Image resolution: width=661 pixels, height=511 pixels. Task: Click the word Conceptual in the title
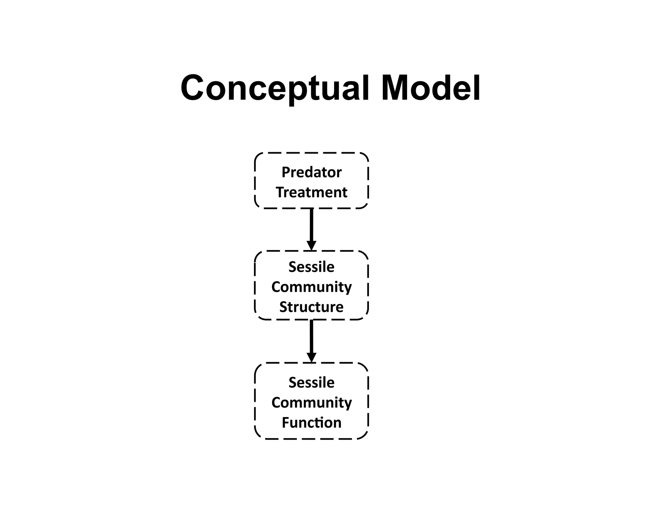click(x=274, y=88)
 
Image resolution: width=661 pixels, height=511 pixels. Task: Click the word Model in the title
click(x=431, y=88)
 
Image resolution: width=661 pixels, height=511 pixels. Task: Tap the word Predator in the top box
click(x=311, y=172)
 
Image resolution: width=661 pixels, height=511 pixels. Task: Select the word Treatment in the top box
click(x=311, y=193)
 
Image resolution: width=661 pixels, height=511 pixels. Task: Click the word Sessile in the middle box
click(x=311, y=267)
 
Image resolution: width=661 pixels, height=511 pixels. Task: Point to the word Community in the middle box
click(x=311, y=287)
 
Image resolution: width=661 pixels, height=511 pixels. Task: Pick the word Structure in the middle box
click(x=311, y=307)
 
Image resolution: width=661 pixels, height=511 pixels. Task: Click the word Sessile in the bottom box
click(x=311, y=382)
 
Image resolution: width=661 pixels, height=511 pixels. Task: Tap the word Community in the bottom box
click(x=311, y=403)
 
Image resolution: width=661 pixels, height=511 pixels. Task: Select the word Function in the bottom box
click(x=311, y=422)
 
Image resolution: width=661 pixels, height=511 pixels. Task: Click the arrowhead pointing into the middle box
click(x=311, y=245)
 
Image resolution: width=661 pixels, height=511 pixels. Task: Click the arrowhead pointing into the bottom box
click(x=311, y=357)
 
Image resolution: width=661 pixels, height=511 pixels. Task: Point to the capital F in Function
click(x=286, y=422)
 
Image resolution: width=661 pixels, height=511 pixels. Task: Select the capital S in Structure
click(x=283, y=307)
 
